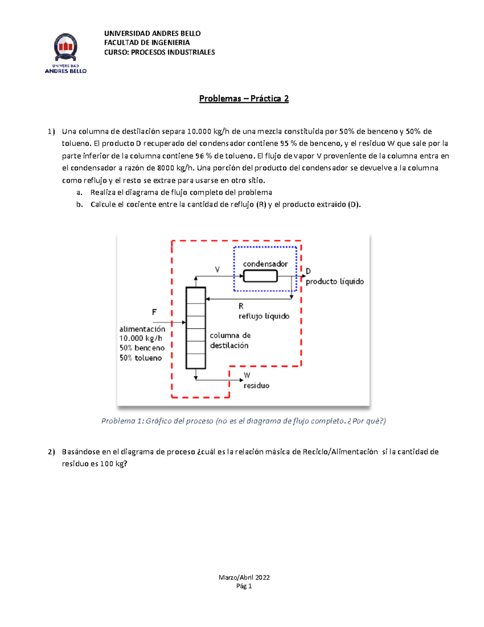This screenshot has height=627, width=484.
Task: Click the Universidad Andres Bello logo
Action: (66, 53)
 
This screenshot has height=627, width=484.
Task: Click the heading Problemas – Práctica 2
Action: (244, 99)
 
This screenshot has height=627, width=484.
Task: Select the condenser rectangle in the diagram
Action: (260, 276)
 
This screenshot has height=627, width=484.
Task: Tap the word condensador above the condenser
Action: (265, 264)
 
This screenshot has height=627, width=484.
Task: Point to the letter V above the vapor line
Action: (217, 270)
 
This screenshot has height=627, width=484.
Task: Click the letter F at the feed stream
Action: (154, 312)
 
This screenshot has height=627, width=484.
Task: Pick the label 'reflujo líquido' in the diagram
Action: (264, 316)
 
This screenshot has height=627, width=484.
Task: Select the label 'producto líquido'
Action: (334, 281)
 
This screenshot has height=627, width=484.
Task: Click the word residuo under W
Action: (256, 386)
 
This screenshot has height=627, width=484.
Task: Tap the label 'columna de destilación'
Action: (230, 340)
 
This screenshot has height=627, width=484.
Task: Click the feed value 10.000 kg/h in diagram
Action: (141, 338)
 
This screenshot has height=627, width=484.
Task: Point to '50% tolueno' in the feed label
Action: (140, 358)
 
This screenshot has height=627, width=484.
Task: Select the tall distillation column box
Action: (196, 328)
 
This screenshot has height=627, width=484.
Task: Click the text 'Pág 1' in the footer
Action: (244, 586)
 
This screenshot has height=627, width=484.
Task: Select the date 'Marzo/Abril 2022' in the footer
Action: (244, 577)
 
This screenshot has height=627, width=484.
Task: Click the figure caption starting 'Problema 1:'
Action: (243, 421)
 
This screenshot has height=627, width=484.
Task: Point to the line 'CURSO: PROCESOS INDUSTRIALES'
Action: (159, 52)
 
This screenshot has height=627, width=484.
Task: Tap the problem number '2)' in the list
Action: (51, 452)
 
